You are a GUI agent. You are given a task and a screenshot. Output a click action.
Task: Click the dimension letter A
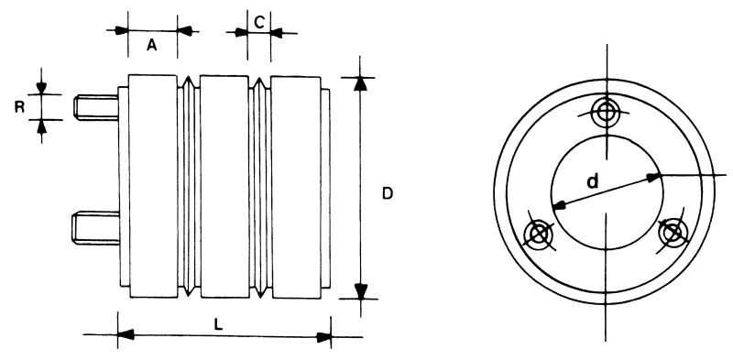151,45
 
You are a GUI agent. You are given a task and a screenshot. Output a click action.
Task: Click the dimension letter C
260,21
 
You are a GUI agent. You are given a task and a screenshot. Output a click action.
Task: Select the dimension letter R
19,107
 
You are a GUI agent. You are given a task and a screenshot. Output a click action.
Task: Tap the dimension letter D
388,193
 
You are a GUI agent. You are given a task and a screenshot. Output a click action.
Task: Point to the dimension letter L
218,325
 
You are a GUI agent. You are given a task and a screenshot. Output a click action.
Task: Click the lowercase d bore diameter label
592,181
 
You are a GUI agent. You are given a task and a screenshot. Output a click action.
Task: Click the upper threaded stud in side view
96,107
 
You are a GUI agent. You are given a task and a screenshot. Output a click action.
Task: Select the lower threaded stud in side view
95,228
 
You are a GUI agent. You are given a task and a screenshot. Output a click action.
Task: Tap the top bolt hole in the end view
607,112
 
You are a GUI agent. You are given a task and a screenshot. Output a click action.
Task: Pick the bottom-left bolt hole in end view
539,233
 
